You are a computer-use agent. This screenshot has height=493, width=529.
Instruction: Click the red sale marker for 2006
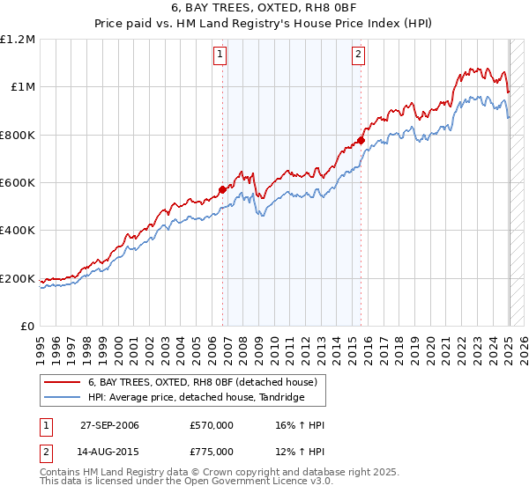pos(222,188)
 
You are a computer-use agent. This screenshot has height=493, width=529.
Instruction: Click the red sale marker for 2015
pos(361,140)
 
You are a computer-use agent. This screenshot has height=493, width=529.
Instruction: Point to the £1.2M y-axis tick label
pos(18,40)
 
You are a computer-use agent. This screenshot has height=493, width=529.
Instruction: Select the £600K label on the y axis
pos(18,183)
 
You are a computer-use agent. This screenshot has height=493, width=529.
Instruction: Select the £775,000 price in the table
pos(212,452)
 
